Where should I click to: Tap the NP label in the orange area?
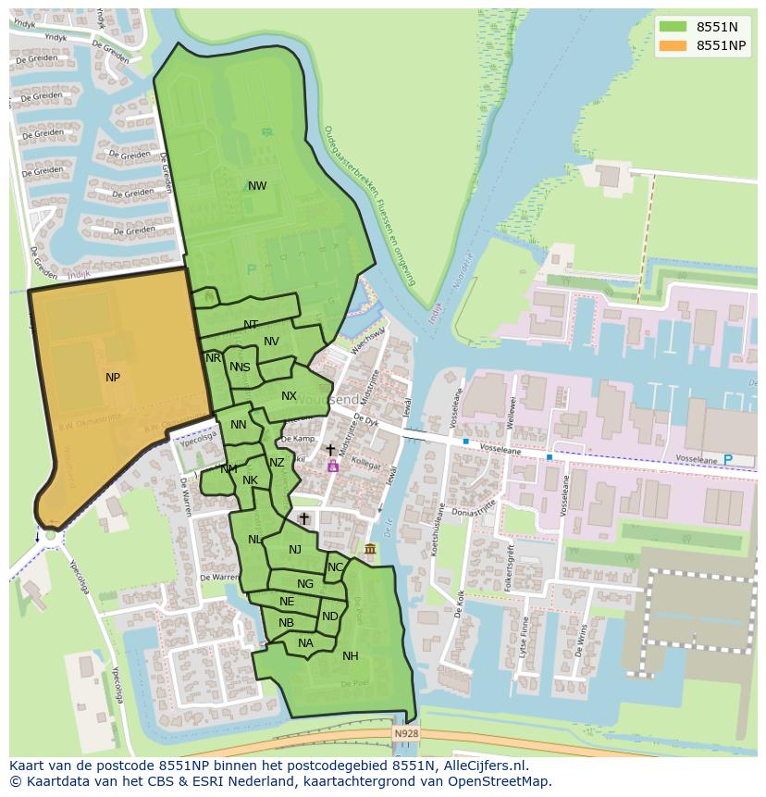[x=113, y=378]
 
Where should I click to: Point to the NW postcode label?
[x=257, y=186]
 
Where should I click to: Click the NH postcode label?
[x=351, y=656]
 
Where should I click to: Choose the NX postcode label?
[x=290, y=396]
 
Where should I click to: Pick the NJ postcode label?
[x=295, y=550]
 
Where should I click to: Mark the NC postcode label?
[x=335, y=567]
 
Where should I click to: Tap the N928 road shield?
[x=405, y=734]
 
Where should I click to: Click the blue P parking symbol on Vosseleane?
[x=727, y=460]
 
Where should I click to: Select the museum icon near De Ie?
[x=370, y=551]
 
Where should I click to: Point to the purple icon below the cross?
[x=332, y=467]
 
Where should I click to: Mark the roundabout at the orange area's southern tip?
[x=50, y=535]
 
